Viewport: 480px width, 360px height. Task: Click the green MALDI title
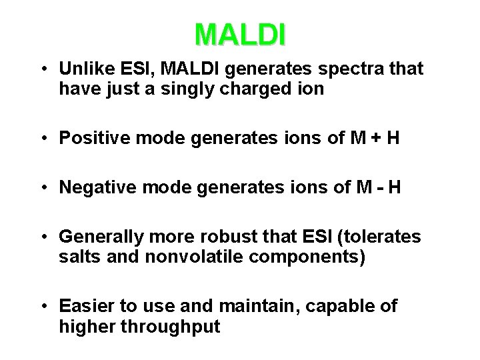pos(240,35)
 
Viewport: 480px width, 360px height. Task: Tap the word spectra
pos(354,69)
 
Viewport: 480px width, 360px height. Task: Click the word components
pos(316,257)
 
